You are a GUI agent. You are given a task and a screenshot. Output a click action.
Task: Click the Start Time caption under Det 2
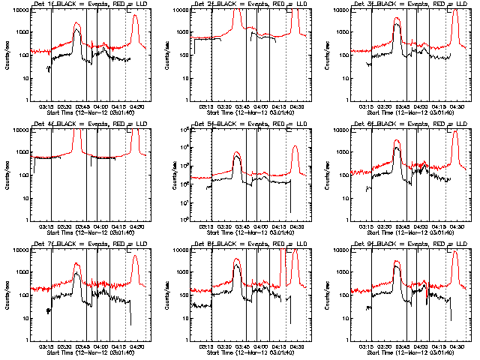click(247, 112)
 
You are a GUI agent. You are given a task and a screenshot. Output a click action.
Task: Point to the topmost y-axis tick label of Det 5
click(182, 130)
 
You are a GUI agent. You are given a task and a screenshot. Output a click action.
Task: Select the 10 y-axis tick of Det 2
click(185, 78)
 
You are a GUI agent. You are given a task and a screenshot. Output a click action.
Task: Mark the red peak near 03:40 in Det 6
click(397, 140)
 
